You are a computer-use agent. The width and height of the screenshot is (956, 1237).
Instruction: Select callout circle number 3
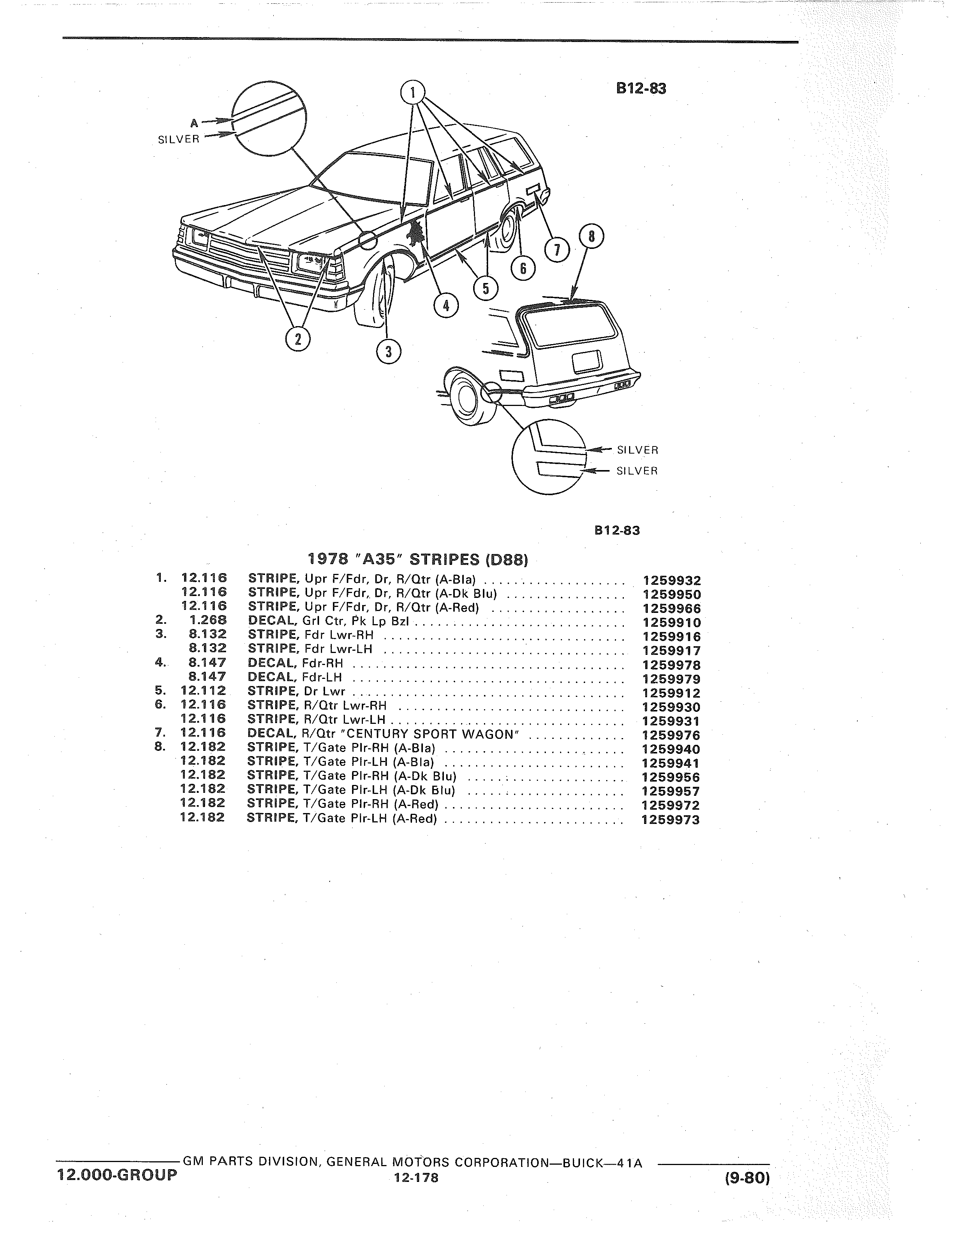pos(388,352)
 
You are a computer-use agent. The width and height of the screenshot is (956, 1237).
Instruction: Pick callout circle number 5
pos(485,288)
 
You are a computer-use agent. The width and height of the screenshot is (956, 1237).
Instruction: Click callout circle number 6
pos(523,268)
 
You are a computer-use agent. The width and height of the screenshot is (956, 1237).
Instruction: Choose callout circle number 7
pos(557,250)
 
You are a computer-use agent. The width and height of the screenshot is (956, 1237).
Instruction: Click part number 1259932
pos(672,581)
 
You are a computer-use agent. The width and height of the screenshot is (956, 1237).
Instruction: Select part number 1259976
pos(672,735)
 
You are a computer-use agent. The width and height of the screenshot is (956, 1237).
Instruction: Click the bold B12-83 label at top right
pos(641,88)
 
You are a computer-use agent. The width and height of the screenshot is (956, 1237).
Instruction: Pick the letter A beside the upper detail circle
pos(194,122)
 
